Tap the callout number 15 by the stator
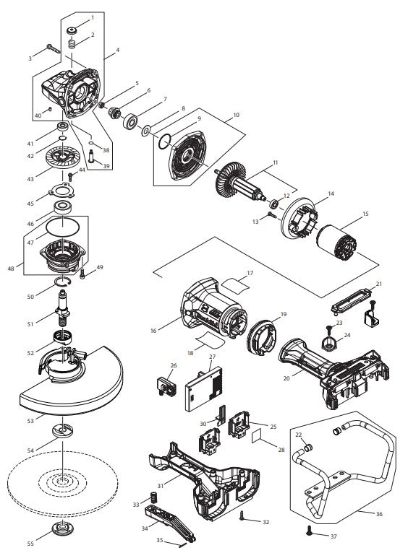click(365, 214)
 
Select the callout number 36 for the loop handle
click(379, 514)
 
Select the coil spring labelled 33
click(153, 499)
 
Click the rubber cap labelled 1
click(72, 30)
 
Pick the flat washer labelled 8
click(147, 131)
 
